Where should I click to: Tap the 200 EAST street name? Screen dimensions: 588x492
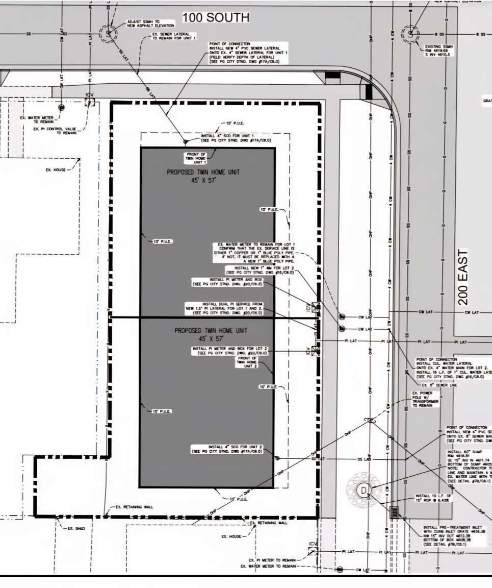coord(463,277)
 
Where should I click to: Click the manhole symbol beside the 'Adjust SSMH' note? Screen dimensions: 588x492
coord(108,33)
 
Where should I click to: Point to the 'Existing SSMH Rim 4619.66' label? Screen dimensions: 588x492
coord(437,51)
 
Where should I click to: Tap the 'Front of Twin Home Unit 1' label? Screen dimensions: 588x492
coord(196,158)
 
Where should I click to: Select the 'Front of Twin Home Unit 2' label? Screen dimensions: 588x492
coord(247,362)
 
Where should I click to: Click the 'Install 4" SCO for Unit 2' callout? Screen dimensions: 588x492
coord(227,449)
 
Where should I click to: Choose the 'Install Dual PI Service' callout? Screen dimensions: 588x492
coord(225,308)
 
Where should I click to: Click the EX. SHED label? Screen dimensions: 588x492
coord(76,528)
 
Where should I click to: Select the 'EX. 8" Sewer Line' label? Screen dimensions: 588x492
coord(439,385)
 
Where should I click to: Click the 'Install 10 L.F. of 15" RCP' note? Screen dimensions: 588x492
coord(433,498)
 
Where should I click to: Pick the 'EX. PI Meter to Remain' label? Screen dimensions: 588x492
coord(272,560)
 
